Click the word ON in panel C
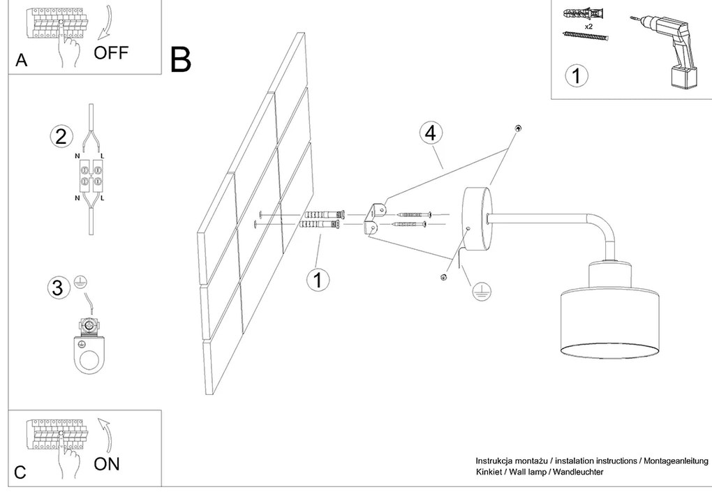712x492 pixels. [107, 463]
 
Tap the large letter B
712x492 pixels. [181, 60]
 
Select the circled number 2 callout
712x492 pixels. [61, 136]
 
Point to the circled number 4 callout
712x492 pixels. [431, 132]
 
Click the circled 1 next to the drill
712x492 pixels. [577, 75]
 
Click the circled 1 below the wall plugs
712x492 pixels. [318, 280]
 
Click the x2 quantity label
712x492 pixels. [588, 26]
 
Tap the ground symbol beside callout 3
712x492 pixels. [81, 280]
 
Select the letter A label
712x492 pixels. [22, 61]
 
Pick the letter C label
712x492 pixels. [20, 472]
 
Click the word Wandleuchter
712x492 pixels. [577, 472]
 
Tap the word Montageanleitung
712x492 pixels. [676, 461]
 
